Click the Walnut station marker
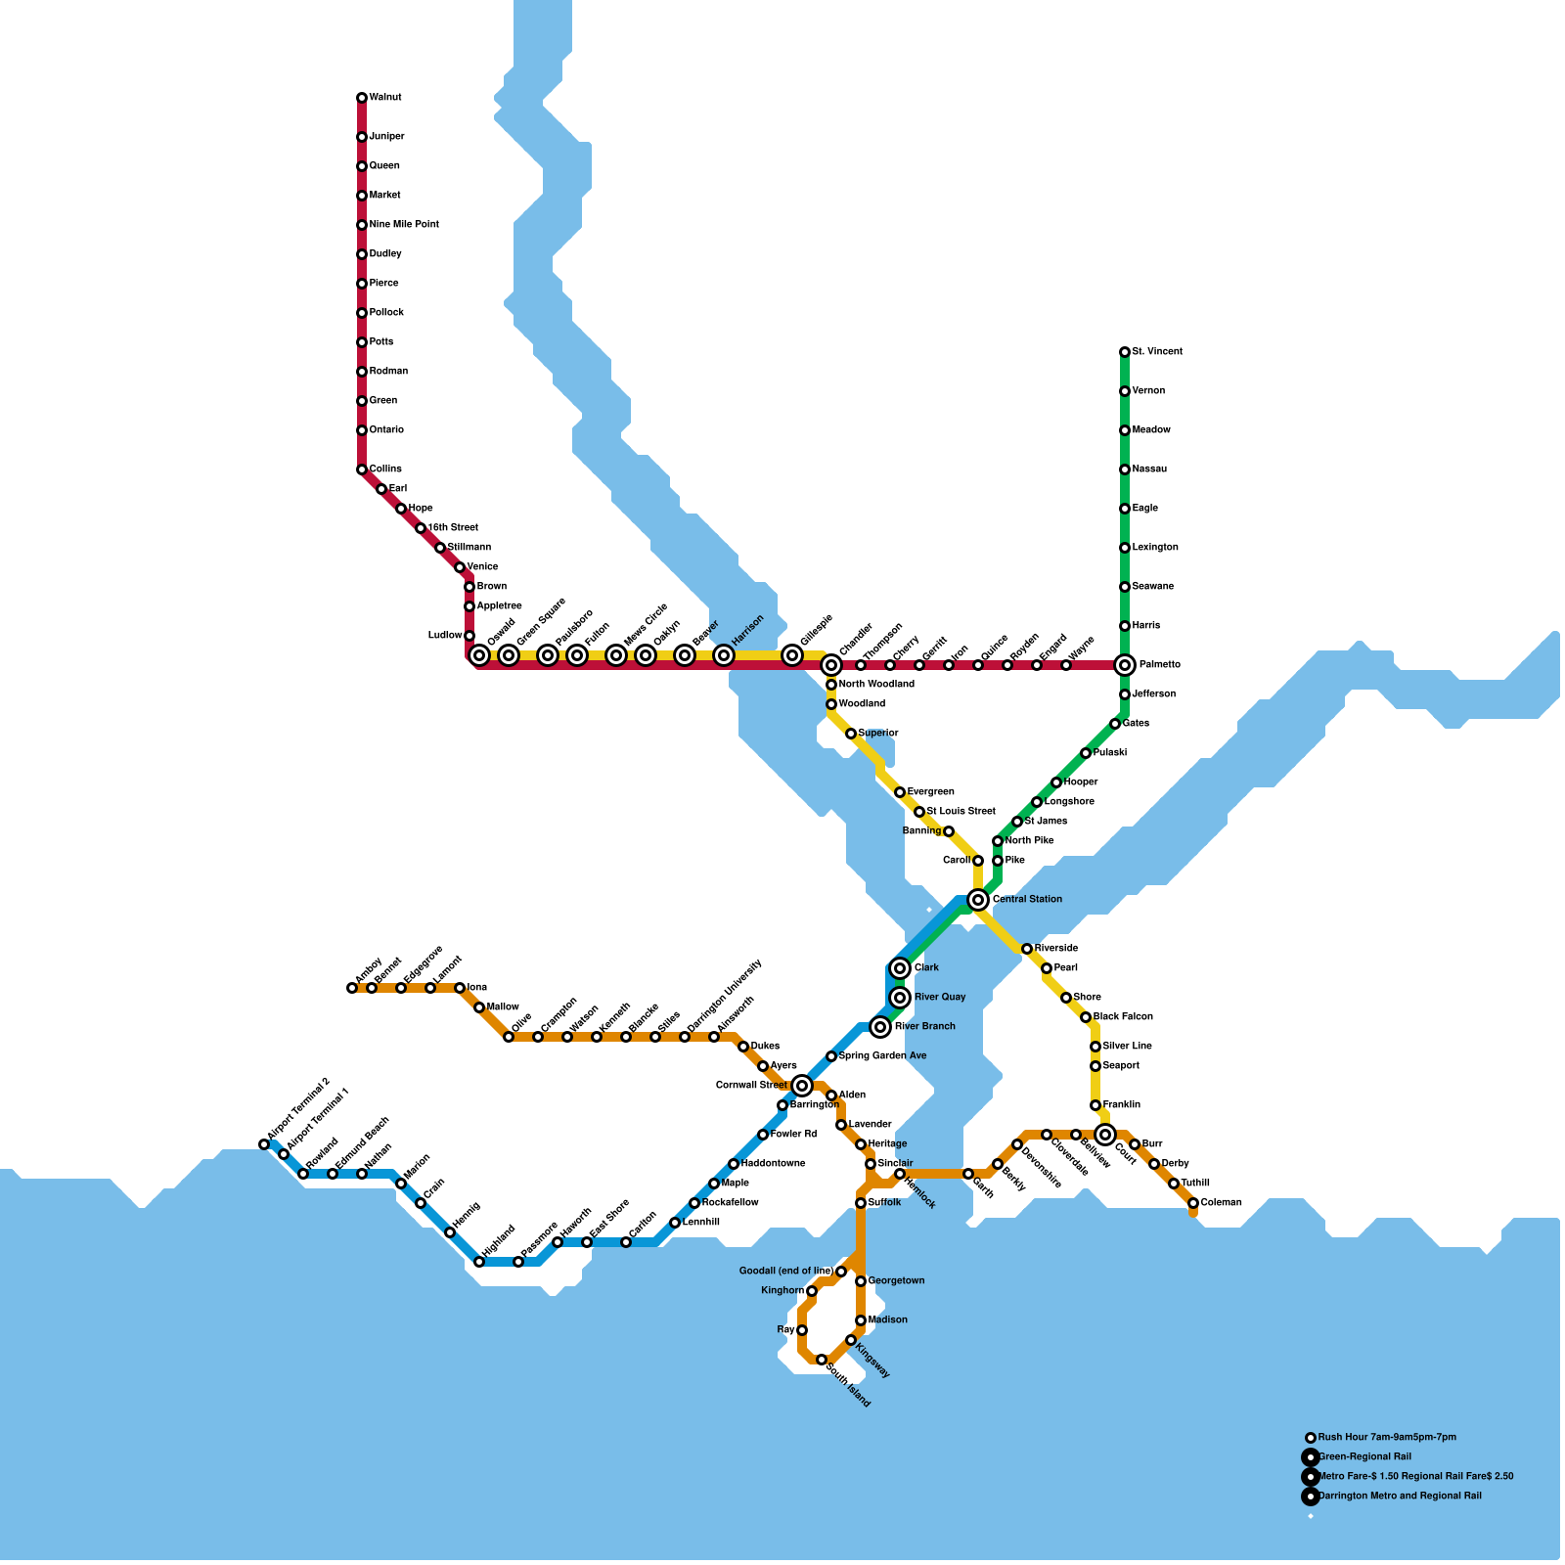pos(362,98)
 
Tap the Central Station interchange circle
pos(978,900)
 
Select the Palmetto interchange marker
pos(1125,665)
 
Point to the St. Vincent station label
pos(1157,352)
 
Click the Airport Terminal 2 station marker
pos(264,1144)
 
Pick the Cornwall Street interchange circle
pos(802,1086)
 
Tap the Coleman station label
pos(1221,1203)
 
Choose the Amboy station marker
pos(352,988)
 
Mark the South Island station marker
pos(822,1360)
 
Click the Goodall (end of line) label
pos(785,1272)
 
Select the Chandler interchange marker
pos(831,665)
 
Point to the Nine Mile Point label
pos(404,225)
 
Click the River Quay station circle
pos(900,998)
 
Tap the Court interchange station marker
pos(1105,1135)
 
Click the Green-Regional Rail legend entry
pos(1364,1457)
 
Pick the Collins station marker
pos(362,469)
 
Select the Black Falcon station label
pos(1123,1017)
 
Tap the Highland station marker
pos(479,1262)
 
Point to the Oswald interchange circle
pos(479,655)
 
